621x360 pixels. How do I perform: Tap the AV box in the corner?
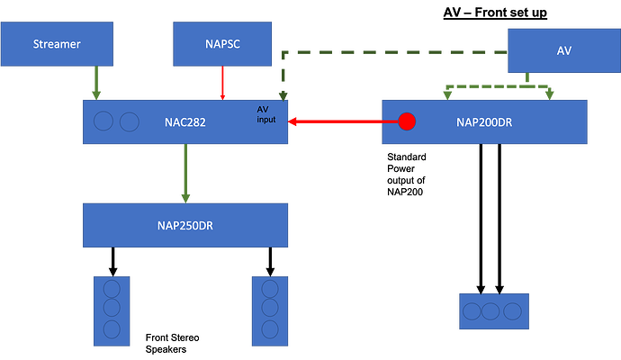tap(562, 50)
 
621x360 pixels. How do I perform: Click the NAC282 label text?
tap(186, 121)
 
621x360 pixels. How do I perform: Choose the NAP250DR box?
tap(186, 225)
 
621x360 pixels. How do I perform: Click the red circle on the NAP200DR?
tap(408, 121)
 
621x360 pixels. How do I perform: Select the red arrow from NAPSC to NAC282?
tap(221, 85)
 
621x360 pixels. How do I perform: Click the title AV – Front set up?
tap(495, 13)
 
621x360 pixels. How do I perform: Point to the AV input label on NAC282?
tap(268, 115)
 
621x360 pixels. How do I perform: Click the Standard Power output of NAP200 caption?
tap(405, 173)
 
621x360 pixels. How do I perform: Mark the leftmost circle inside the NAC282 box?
tap(104, 121)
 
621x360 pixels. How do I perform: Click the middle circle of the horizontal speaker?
tap(492, 311)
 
